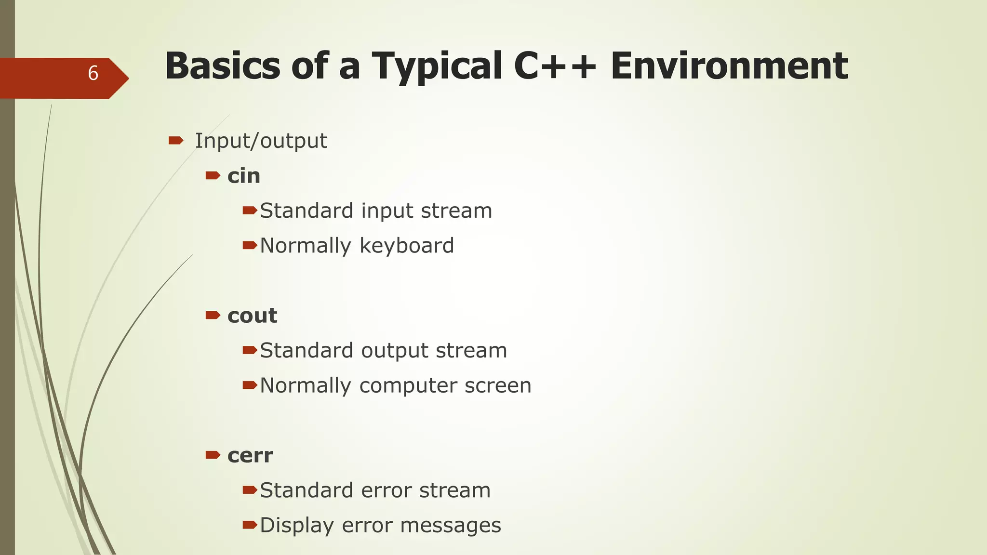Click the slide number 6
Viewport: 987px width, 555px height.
coord(93,73)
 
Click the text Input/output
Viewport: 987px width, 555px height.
coord(261,141)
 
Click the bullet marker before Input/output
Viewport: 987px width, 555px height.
coord(175,141)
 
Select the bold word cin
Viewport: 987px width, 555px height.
coord(244,176)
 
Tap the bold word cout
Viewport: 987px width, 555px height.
coord(252,316)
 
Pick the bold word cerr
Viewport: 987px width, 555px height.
coord(250,456)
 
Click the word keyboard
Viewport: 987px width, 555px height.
coord(406,246)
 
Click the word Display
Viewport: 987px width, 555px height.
coord(296,525)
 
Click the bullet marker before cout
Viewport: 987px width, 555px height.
coord(213,316)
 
